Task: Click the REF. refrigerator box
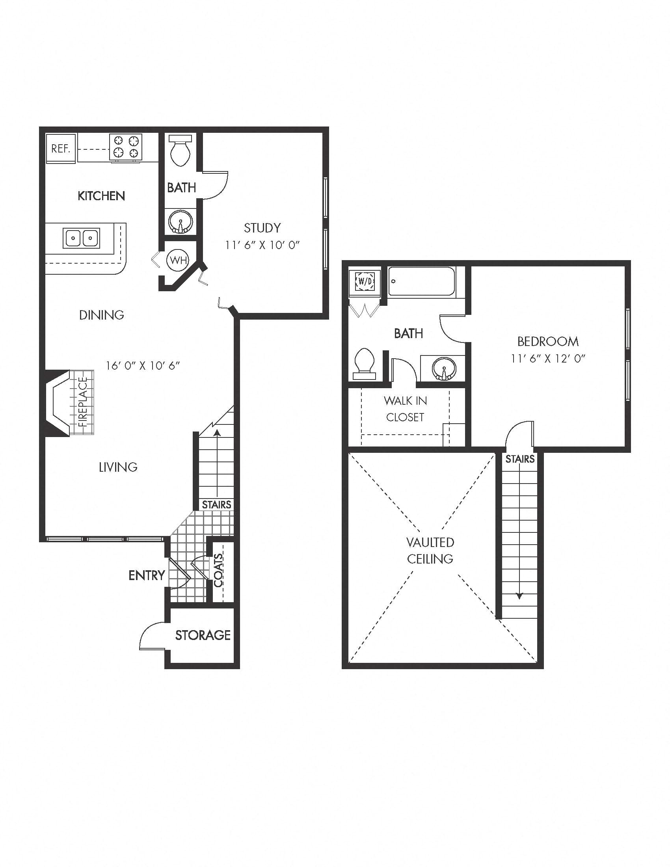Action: tap(61, 149)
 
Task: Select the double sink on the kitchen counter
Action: tap(81, 238)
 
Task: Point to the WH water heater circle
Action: tap(178, 260)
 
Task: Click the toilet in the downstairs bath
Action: tap(181, 151)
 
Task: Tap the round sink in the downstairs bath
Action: tap(181, 221)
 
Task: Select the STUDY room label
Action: tap(262, 228)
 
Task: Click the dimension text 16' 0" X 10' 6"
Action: tap(143, 365)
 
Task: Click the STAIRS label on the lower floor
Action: tap(216, 504)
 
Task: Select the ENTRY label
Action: tap(147, 575)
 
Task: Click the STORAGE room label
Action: tap(203, 635)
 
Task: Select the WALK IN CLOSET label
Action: tap(405, 409)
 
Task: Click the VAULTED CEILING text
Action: tap(430, 550)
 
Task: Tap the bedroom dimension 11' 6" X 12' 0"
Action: tap(548, 359)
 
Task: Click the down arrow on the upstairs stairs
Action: tap(519, 595)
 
